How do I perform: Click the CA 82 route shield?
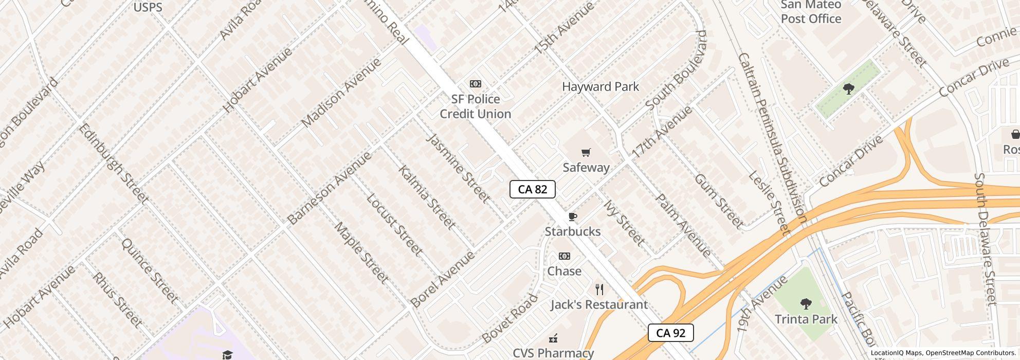tap(532, 189)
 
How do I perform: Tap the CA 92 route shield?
tap(670, 333)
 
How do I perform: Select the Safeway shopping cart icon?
tap(586, 152)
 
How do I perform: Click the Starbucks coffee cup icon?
tap(572, 217)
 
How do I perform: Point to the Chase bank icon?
tap(564, 256)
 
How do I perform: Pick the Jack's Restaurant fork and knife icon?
tap(599, 290)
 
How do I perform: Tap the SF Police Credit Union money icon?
tap(475, 84)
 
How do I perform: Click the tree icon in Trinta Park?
tap(806, 303)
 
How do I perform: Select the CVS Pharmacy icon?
tap(553, 338)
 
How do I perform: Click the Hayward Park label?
tap(600, 86)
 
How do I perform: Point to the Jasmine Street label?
tap(458, 167)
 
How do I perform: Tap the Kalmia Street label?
tap(426, 197)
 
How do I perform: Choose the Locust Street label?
tap(394, 225)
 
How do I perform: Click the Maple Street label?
tap(361, 253)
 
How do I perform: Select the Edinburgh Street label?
tap(113, 163)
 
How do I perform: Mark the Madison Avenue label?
tap(341, 93)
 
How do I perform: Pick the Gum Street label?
tap(718, 201)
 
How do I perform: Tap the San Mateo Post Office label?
tap(811, 12)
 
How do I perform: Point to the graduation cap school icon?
tap(227, 354)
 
